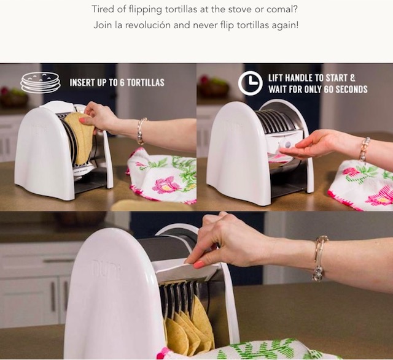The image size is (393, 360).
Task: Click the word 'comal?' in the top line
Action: click(x=282, y=9)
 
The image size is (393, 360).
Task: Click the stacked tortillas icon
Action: click(x=41, y=82)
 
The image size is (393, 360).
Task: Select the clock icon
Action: click(x=250, y=83)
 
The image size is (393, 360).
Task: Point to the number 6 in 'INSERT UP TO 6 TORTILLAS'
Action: click(x=122, y=83)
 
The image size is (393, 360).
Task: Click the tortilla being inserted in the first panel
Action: click(x=79, y=138)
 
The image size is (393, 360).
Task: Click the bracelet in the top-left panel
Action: click(x=141, y=131)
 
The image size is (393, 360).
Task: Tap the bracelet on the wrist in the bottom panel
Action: click(x=320, y=258)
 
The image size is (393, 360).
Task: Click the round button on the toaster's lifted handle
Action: click(x=287, y=145)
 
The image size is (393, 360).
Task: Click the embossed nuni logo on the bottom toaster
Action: click(x=106, y=269)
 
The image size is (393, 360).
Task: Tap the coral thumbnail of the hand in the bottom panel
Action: click(x=199, y=264)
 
